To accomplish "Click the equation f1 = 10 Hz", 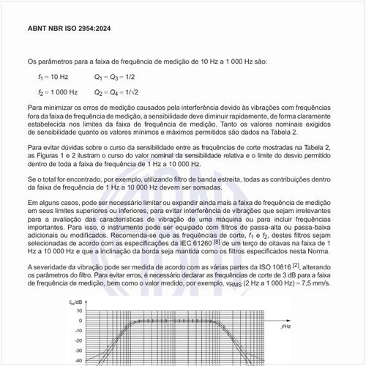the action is (53, 76).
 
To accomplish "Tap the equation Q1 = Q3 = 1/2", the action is (114, 76).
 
